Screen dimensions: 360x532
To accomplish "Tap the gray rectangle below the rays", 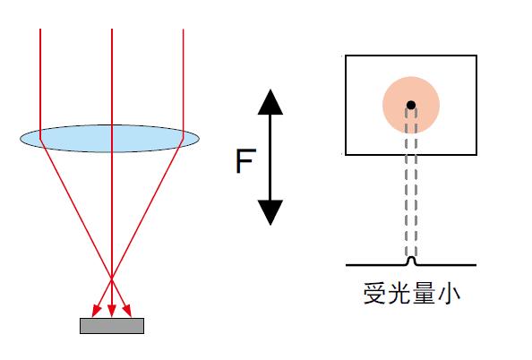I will (111, 326).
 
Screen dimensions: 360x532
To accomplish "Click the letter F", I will (243, 162).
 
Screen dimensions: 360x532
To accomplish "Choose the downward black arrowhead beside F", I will (270, 213).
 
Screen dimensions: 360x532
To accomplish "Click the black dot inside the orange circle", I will (410, 106).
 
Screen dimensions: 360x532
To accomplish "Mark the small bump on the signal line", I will (410, 261).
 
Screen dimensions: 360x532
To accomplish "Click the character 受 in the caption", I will (376, 293).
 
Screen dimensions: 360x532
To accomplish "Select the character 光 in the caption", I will (400, 293).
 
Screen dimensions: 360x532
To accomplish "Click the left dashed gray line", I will (406, 188).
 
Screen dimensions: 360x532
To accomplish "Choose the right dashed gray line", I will (416, 188).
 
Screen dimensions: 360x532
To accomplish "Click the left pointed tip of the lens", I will (21, 138).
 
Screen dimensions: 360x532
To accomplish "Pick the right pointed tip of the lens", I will (198, 138).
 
